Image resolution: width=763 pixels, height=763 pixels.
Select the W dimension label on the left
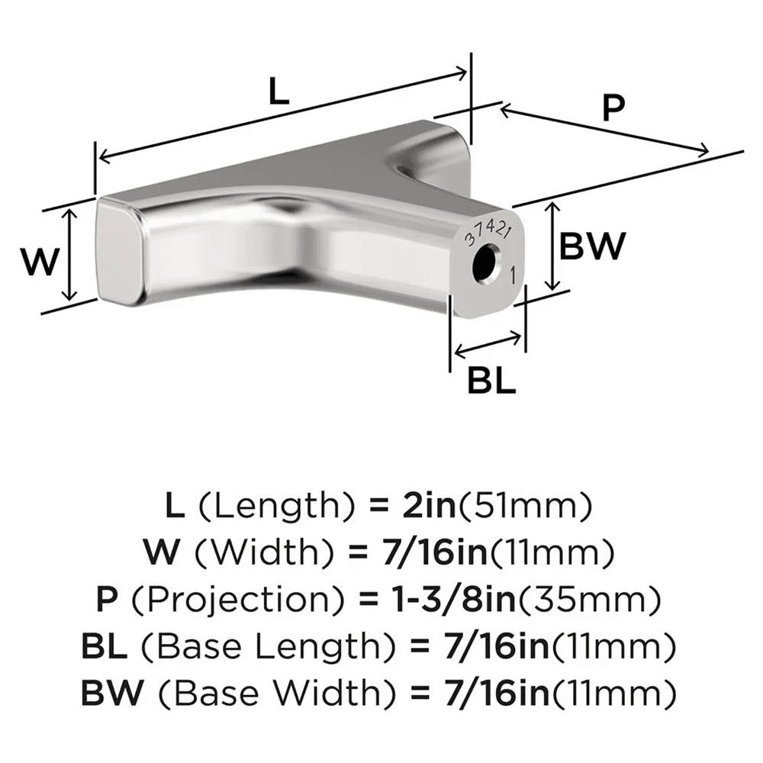tap(38, 262)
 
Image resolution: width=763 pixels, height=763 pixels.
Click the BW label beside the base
tap(592, 246)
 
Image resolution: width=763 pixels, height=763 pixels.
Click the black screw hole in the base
tap(485, 265)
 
